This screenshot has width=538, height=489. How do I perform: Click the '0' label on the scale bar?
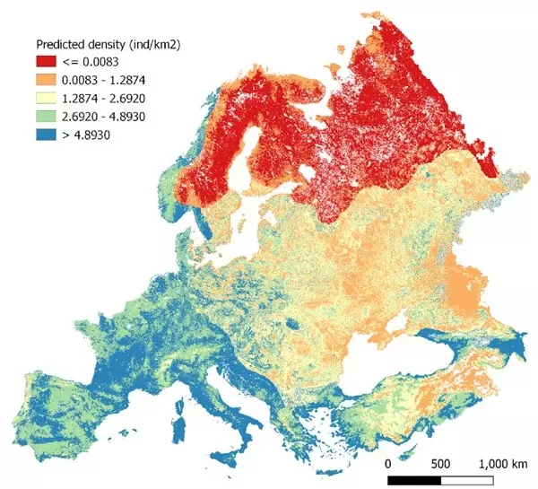coord(387,464)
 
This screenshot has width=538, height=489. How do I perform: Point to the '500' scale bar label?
coord(438,464)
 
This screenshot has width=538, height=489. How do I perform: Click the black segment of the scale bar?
coord(413,480)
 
